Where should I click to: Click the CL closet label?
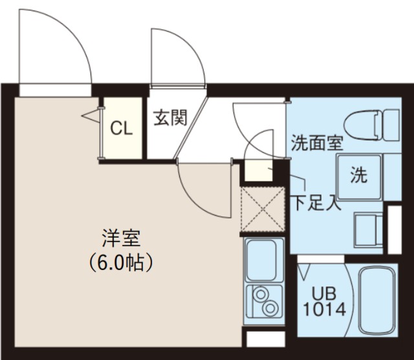(x=121, y=128)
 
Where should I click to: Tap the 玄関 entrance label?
(x=169, y=118)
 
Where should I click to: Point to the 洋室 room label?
(x=120, y=238)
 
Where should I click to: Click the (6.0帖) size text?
(x=121, y=262)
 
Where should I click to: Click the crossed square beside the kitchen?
(x=261, y=209)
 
